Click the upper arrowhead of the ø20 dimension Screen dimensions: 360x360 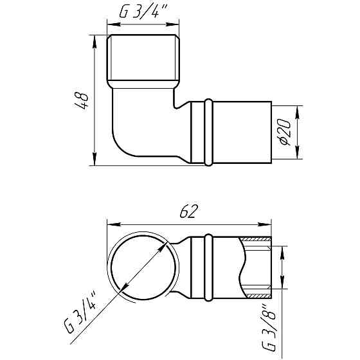(297, 107)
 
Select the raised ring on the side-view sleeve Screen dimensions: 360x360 (208, 132)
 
